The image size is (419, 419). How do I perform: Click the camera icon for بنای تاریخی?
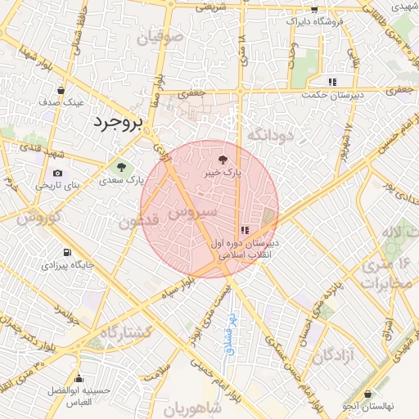pyautogui.click(x=57, y=173)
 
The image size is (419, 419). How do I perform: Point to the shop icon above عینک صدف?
pyautogui.click(x=61, y=90)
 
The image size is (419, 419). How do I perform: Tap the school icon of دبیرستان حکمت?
pyautogui.click(x=331, y=82)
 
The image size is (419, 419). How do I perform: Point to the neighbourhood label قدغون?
pyautogui.click(x=137, y=222)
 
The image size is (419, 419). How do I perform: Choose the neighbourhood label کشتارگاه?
pyautogui.click(x=125, y=333)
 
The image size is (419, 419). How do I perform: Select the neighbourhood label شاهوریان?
pyautogui.click(x=192, y=408)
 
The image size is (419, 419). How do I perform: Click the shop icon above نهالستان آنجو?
pyautogui.click(x=368, y=394)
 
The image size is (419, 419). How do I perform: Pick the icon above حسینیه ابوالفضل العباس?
pyautogui.click(x=79, y=379)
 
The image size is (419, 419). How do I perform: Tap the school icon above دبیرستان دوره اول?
pyautogui.click(x=246, y=230)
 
